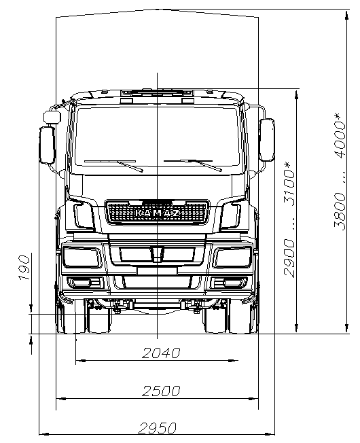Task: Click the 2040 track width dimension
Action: pos(161,353)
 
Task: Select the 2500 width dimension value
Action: pos(161,391)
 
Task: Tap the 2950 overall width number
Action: pos(158,428)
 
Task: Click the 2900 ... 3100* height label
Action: pos(289,219)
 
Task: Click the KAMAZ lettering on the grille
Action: pos(157,213)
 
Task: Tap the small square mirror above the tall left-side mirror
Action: pos(52,117)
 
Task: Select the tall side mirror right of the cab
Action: pos(267,140)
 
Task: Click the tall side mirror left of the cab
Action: pos(47,145)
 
